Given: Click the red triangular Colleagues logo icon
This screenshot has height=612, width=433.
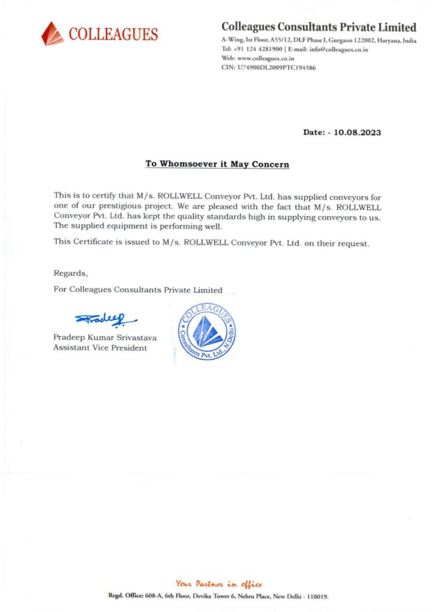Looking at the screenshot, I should (x=53, y=33).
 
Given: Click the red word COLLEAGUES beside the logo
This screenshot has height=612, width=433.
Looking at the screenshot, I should (x=114, y=35).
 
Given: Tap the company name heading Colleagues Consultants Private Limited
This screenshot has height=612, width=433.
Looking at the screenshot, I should (x=319, y=27).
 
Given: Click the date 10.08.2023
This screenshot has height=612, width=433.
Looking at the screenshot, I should (x=358, y=132).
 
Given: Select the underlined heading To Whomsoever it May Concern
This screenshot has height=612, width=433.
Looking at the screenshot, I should (x=217, y=164).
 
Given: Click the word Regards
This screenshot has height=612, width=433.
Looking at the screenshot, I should (x=71, y=273).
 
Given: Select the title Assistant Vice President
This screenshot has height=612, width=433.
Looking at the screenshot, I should (x=100, y=348).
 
